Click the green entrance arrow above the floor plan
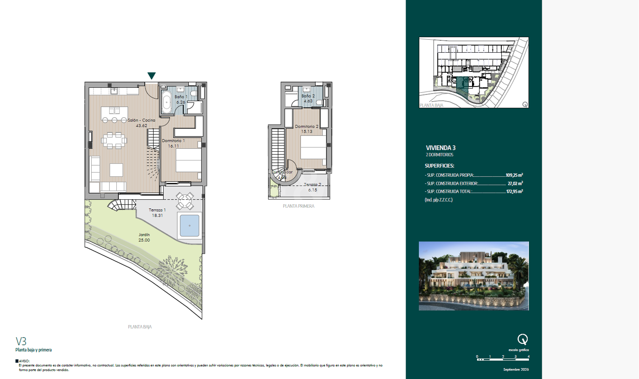click(x=151, y=75)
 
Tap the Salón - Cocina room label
click(x=141, y=122)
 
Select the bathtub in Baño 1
click(x=166, y=102)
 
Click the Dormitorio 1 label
click(x=173, y=143)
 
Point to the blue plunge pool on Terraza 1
click(x=189, y=226)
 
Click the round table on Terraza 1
click(x=185, y=201)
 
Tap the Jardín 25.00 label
click(x=144, y=237)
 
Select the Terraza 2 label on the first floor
click(x=312, y=187)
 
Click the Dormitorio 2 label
click(x=306, y=129)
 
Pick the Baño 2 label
click(x=308, y=98)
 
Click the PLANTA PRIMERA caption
click(x=298, y=206)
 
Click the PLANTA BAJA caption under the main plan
click(x=140, y=327)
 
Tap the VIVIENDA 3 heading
click(x=440, y=148)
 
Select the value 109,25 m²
click(x=514, y=175)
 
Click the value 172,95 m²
click(x=514, y=191)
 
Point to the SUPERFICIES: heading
click(x=439, y=166)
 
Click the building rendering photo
click(x=473, y=276)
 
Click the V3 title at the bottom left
click(x=21, y=341)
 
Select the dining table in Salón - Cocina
click(x=114, y=140)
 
